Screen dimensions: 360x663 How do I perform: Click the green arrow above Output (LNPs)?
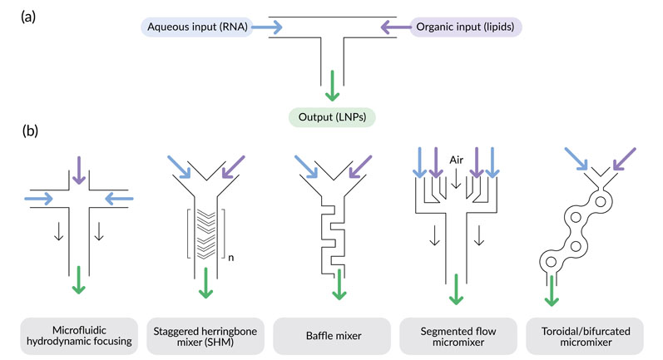[332, 84]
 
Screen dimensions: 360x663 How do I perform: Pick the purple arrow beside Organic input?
[396, 28]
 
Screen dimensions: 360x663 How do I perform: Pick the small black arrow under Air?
[455, 180]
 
